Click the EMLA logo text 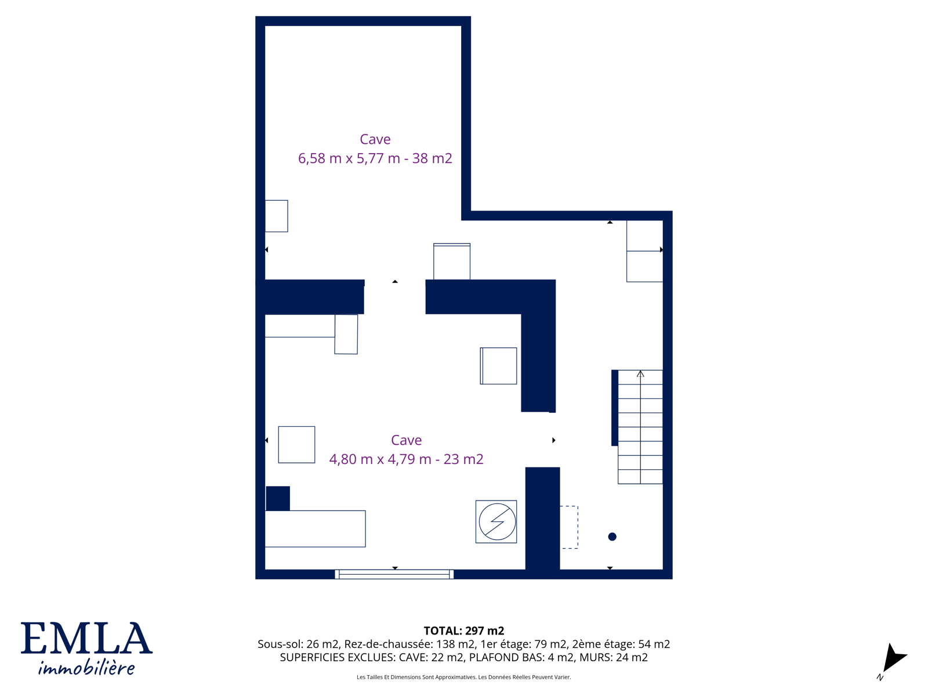[86, 638]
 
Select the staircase [640, 427]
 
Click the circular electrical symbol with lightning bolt [497, 521]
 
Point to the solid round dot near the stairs [612, 536]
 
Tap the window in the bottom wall [394, 574]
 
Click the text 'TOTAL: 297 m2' [464, 631]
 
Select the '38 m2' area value [432, 158]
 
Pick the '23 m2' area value [463, 459]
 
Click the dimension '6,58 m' [320, 158]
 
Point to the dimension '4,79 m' [409, 459]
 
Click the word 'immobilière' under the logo [86, 668]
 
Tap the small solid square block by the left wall [278, 498]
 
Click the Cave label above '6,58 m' [375, 139]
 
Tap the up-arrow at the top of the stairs [640, 374]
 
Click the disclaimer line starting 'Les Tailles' [464, 677]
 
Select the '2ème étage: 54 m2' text [621, 644]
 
